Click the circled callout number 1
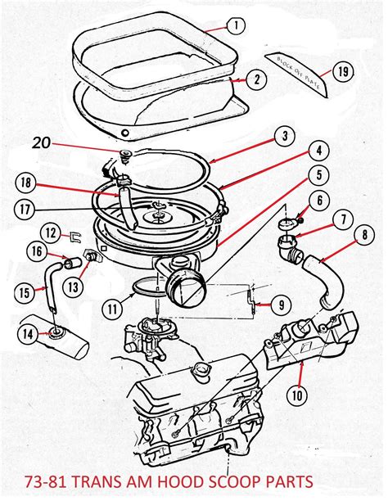click(235, 25)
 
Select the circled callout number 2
click(235, 79)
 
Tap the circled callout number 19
click(343, 71)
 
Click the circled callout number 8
click(360, 239)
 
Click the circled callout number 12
click(51, 233)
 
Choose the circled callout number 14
click(29, 333)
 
